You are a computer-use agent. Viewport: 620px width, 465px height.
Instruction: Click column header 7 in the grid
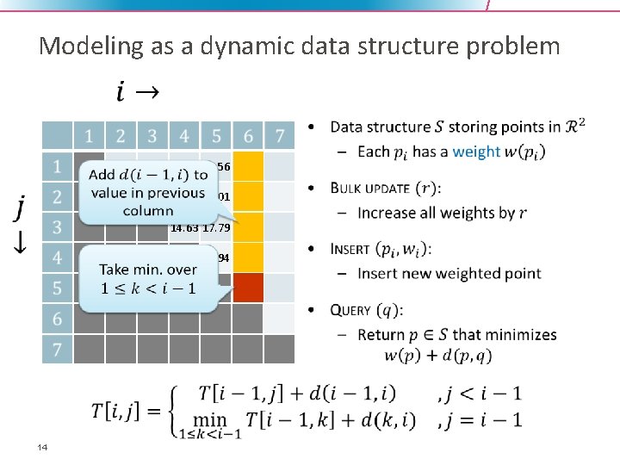(279, 135)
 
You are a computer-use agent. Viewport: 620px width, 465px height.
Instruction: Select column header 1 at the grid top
(89, 135)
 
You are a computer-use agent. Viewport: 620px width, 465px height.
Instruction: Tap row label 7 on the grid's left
(57, 350)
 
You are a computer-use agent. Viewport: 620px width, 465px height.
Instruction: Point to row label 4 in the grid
(57, 257)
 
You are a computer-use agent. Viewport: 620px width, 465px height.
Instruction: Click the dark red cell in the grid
(248, 288)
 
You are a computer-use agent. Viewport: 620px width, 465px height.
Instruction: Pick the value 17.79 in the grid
(216, 228)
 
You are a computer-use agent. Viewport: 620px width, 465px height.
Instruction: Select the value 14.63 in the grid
(184, 228)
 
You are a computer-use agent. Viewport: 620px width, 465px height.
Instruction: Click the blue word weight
(476, 152)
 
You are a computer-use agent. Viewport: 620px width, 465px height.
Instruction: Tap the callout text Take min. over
(146, 270)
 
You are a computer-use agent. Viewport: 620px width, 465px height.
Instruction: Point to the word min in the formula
(209, 419)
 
